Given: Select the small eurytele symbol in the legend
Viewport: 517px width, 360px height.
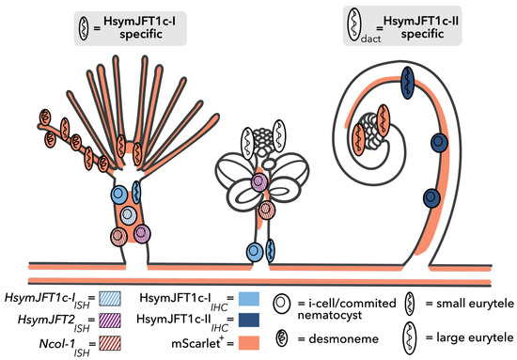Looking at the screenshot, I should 411,305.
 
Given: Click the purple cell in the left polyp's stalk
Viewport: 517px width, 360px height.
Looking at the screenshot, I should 143,231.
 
